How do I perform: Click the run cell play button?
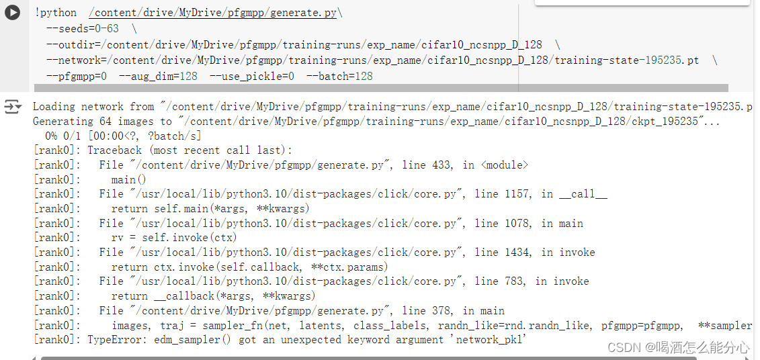click(12, 13)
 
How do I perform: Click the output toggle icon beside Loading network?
click(12, 107)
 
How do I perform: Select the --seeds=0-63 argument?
click(83, 28)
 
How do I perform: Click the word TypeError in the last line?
click(114, 340)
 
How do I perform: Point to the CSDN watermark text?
click(678, 347)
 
